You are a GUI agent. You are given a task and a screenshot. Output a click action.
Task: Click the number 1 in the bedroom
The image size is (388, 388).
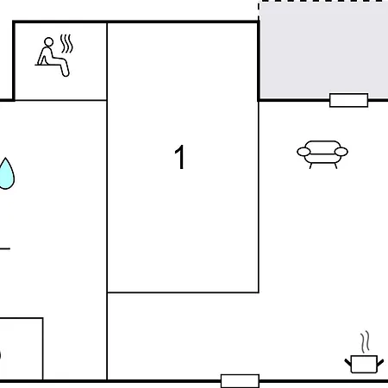click(x=180, y=157)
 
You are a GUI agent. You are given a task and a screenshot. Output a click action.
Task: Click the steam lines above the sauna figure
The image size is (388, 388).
click(x=66, y=44)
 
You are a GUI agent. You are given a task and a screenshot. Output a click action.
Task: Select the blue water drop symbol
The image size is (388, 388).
click(x=6, y=173)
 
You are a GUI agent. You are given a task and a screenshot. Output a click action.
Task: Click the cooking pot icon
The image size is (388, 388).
click(x=364, y=364)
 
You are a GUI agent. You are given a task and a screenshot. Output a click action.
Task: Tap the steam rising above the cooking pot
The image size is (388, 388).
click(x=365, y=342)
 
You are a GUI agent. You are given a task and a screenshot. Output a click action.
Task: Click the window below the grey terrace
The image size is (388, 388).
click(x=348, y=100)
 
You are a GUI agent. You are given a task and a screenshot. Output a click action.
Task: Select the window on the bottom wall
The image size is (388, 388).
click(x=240, y=381)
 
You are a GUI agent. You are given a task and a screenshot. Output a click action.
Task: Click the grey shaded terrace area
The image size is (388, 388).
click(x=324, y=50)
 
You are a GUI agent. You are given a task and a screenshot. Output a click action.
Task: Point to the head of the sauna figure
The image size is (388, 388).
click(x=49, y=41)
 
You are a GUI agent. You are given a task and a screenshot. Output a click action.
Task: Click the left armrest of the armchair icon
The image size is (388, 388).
click(x=304, y=152)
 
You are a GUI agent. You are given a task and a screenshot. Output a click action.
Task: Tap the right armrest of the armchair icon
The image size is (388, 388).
click(x=341, y=152)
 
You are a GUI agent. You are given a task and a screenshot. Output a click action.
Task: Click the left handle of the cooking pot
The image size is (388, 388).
click(x=348, y=362)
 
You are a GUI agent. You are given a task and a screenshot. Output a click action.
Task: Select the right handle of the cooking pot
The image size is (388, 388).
click(x=380, y=362)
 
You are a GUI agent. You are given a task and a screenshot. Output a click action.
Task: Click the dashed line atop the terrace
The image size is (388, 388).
click(x=323, y=2)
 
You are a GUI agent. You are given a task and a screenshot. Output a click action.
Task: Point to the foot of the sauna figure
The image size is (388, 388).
click(x=66, y=74)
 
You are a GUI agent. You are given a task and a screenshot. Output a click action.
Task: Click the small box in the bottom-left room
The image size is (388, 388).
click(x=22, y=349)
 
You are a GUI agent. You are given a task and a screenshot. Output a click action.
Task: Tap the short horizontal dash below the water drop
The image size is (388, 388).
click(x=5, y=248)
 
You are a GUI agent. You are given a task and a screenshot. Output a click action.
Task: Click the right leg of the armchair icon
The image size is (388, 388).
click(x=335, y=166)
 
